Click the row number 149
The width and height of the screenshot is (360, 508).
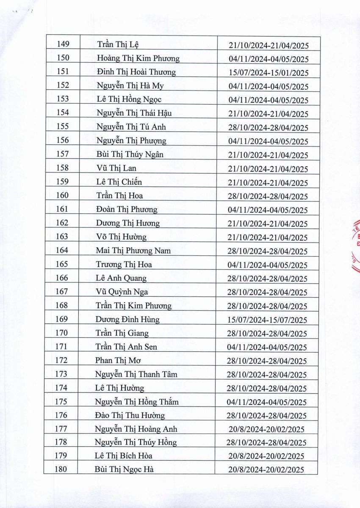pyautogui.click(x=62, y=44)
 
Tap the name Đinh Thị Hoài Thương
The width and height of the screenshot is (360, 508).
pyautogui.click(x=136, y=72)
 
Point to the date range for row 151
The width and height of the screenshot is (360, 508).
pyautogui.click(x=268, y=73)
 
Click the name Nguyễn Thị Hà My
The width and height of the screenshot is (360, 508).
pyautogui.click(x=130, y=86)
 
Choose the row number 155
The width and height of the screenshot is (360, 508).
pyautogui.click(x=62, y=127)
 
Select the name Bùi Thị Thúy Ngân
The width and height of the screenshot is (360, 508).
pyautogui.click(x=130, y=155)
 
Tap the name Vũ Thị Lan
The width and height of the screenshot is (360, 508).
pyautogui.click(x=116, y=168)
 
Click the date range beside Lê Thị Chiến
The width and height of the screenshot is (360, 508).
pyautogui.click(x=268, y=183)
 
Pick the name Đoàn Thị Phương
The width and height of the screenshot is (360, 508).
pyautogui.click(x=127, y=210)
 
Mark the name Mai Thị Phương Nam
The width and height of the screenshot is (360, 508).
pyautogui.click(x=133, y=251)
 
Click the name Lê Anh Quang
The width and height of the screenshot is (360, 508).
pyautogui.click(x=121, y=278)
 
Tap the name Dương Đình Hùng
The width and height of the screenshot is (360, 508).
pyautogui.click(x=127, y=319)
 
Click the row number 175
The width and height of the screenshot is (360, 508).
pyautogui.click(x=61, y=401)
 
